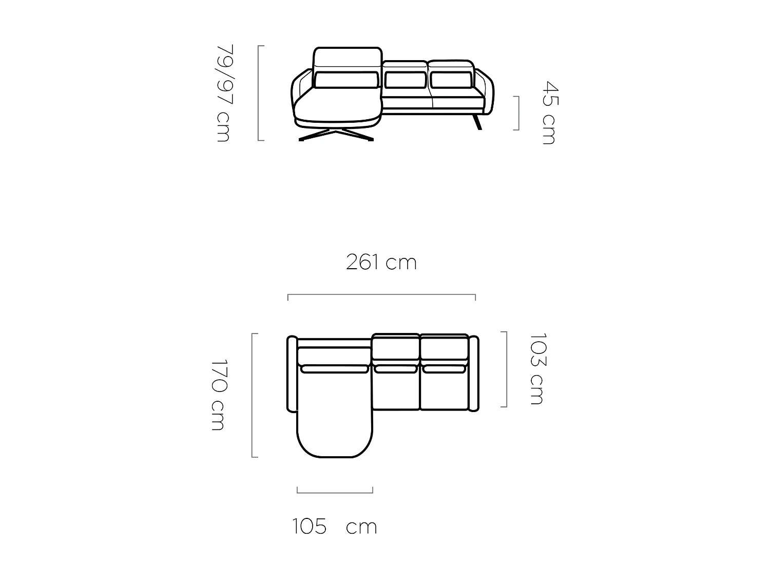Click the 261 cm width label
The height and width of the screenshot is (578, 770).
pos(381,263)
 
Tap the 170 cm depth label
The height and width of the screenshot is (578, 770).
pos(219,395)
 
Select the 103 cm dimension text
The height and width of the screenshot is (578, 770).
pos(537,369)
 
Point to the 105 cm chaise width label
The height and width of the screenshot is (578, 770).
pos(335,527)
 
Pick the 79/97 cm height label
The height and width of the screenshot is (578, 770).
pos(224,93)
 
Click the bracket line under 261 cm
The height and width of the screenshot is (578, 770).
pos(381,295)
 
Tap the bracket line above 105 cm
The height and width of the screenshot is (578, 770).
pos(335,492)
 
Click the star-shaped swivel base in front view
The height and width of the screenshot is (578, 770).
pos(336,135)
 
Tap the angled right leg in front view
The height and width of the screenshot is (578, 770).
pos(478,122)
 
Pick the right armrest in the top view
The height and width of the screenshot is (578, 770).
pos(474,374)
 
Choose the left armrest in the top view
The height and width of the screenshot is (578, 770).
pos(292,374)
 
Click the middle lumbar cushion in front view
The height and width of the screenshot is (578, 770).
pos(406,80)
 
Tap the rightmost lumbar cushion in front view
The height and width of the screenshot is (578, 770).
pos(451,80)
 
